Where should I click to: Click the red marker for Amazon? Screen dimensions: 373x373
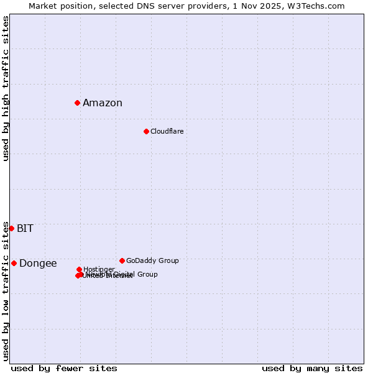tap(77, 103)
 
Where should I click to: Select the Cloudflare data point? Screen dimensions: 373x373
tap(146, 131)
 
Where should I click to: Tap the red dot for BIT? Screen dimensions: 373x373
tap(11, 228)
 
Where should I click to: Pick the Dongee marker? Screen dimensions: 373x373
tap(14, 263)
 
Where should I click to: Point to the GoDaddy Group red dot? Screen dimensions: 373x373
tap(122, 260)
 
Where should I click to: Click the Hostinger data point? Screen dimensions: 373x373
tap(79, 269)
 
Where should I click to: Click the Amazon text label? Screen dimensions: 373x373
tap(103, 103)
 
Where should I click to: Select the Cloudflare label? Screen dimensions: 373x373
tap(167, 131)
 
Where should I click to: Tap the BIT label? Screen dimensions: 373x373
tap(25, 228)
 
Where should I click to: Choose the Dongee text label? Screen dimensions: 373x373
tap(38, 264)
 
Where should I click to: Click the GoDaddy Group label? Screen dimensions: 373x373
tap(152, 260)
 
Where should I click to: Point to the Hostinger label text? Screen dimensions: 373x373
tap(99, 269)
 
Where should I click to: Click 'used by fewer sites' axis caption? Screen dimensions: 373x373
tap(64, 368)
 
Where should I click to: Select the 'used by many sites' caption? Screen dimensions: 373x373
tap(312, 368)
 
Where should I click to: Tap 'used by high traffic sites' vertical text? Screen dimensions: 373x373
tap(6, 88)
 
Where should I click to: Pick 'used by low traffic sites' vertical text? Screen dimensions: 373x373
tap(6, 291)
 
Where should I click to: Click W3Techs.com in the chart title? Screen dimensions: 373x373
tap(320, 6)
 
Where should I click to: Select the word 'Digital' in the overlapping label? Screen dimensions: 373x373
tap(123, 274)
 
